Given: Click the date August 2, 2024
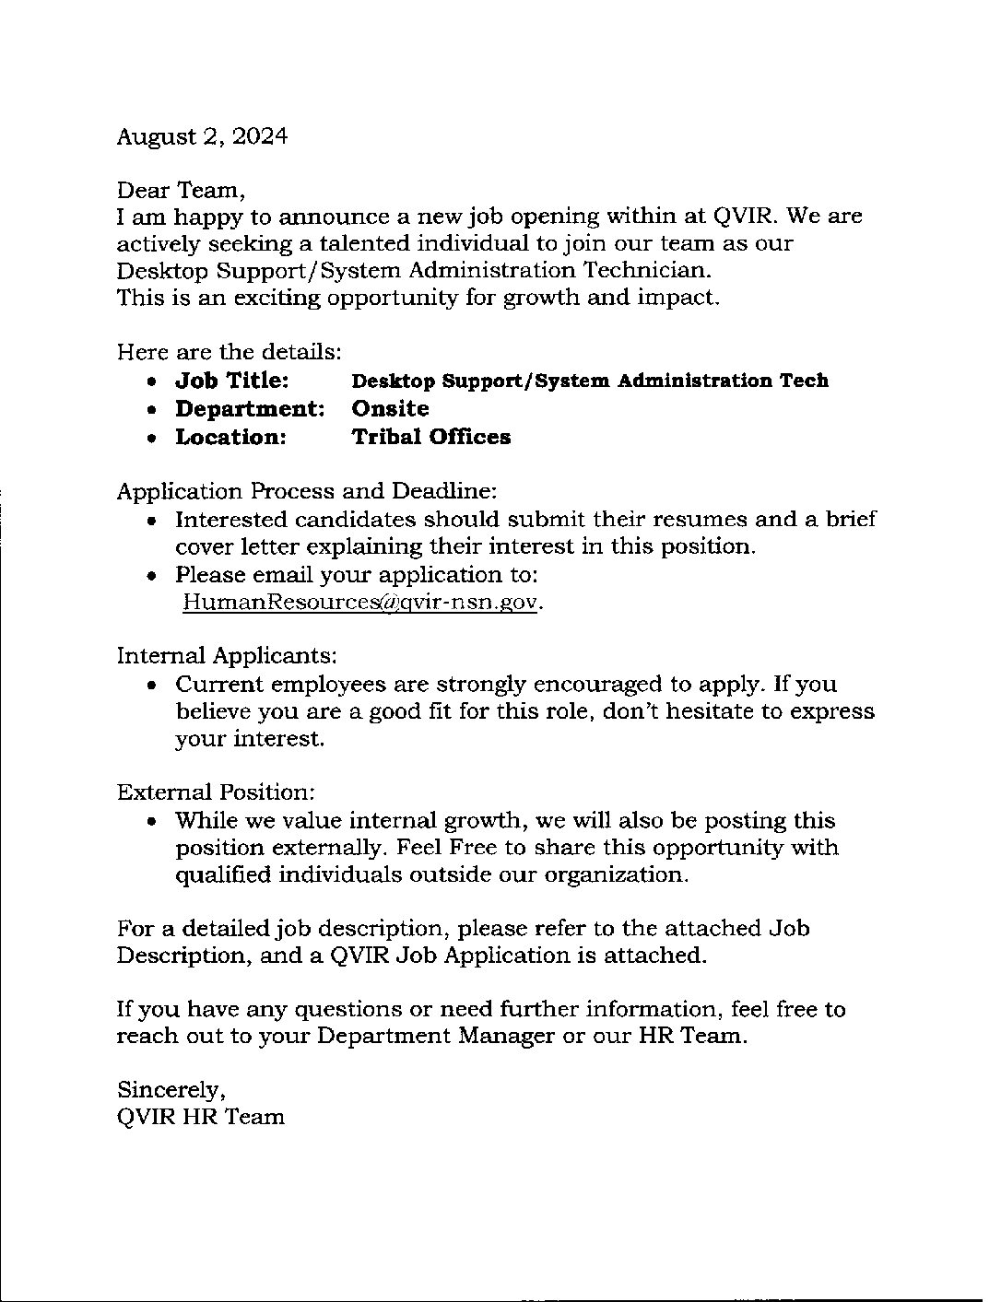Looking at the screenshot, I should click(x=202, y=137).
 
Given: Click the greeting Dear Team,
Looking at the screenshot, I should click(x=181, y=191).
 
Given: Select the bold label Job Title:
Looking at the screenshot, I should click(x=232, y=381).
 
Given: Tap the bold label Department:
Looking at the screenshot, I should click(x=250, y=408).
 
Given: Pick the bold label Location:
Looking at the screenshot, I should click(x=231, y=437).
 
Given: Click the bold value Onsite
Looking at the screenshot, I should click(x=391, y=408).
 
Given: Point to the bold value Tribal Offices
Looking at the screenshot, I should click(x=431, y=437).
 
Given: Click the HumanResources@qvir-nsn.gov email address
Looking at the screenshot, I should click(x=359, y=603).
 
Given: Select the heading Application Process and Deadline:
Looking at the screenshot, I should click(x=307, y=491).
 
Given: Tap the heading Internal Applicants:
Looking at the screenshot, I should click(x=227, y=656).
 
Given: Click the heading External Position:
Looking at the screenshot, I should click(x=217, y=792).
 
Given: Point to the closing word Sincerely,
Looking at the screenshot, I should click(x=171, y=1090).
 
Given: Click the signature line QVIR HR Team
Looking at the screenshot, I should click(x=201, y=1117).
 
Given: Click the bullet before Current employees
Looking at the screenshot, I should click(x=153, y=686).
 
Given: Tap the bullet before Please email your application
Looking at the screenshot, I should click(x=153, y=576).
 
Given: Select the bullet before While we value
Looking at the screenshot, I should click(x=153, y=822).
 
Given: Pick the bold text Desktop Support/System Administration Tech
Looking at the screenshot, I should click(x=590, y=381).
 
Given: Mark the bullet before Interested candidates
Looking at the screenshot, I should click(x=153, y=521).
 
